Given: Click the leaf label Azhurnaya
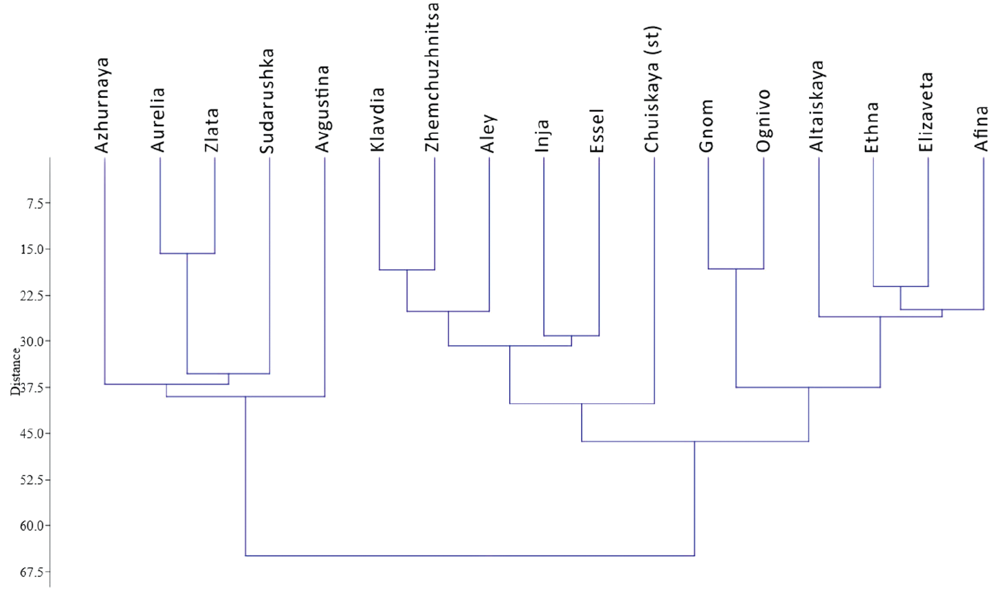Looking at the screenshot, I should pos(103,106).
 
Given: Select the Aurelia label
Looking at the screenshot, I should pos(158,119).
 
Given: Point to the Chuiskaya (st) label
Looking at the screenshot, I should pos(652,89).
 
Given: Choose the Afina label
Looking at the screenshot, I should pos(981,128).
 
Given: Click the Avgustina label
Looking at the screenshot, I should pos(323,108).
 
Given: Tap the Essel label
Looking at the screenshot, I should pos(598,130).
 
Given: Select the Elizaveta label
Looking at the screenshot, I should pos(926,112).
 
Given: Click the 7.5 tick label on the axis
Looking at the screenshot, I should pos(30,203).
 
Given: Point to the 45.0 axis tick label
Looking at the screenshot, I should pos(29,433).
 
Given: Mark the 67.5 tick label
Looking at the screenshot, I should pos(29,572).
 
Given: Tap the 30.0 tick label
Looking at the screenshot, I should pos(29,341).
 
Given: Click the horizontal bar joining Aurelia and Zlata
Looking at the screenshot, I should pos(187,253).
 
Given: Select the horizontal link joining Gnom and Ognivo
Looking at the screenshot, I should pos(736,269).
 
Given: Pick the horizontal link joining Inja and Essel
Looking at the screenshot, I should pos(571,335).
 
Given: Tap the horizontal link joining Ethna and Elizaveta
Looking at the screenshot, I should pos(901,286).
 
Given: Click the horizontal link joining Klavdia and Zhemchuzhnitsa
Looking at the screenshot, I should pos(407,269).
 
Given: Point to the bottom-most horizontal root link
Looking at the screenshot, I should pos(470,555).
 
